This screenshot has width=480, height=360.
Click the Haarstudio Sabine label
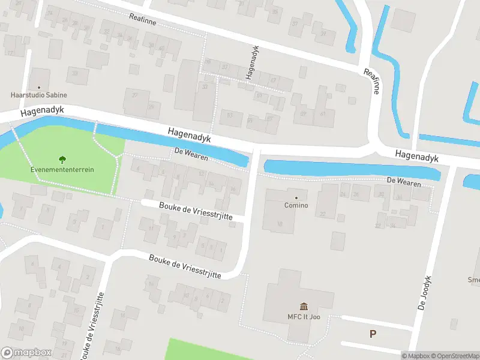[x=39, y=95]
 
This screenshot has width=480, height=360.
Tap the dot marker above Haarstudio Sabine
[x=39, y=87]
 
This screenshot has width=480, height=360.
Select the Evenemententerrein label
[x=62, y=170]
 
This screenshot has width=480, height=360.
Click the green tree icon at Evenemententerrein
[x=62, y=160]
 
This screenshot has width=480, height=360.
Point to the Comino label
[x=296, y=206]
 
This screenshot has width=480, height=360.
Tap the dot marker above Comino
[x=296, y=197]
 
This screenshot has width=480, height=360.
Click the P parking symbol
[x=373, y=334]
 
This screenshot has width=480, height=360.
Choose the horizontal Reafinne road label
[x=143, y=18]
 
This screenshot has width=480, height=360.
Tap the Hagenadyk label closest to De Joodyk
[x=417, y=157]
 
